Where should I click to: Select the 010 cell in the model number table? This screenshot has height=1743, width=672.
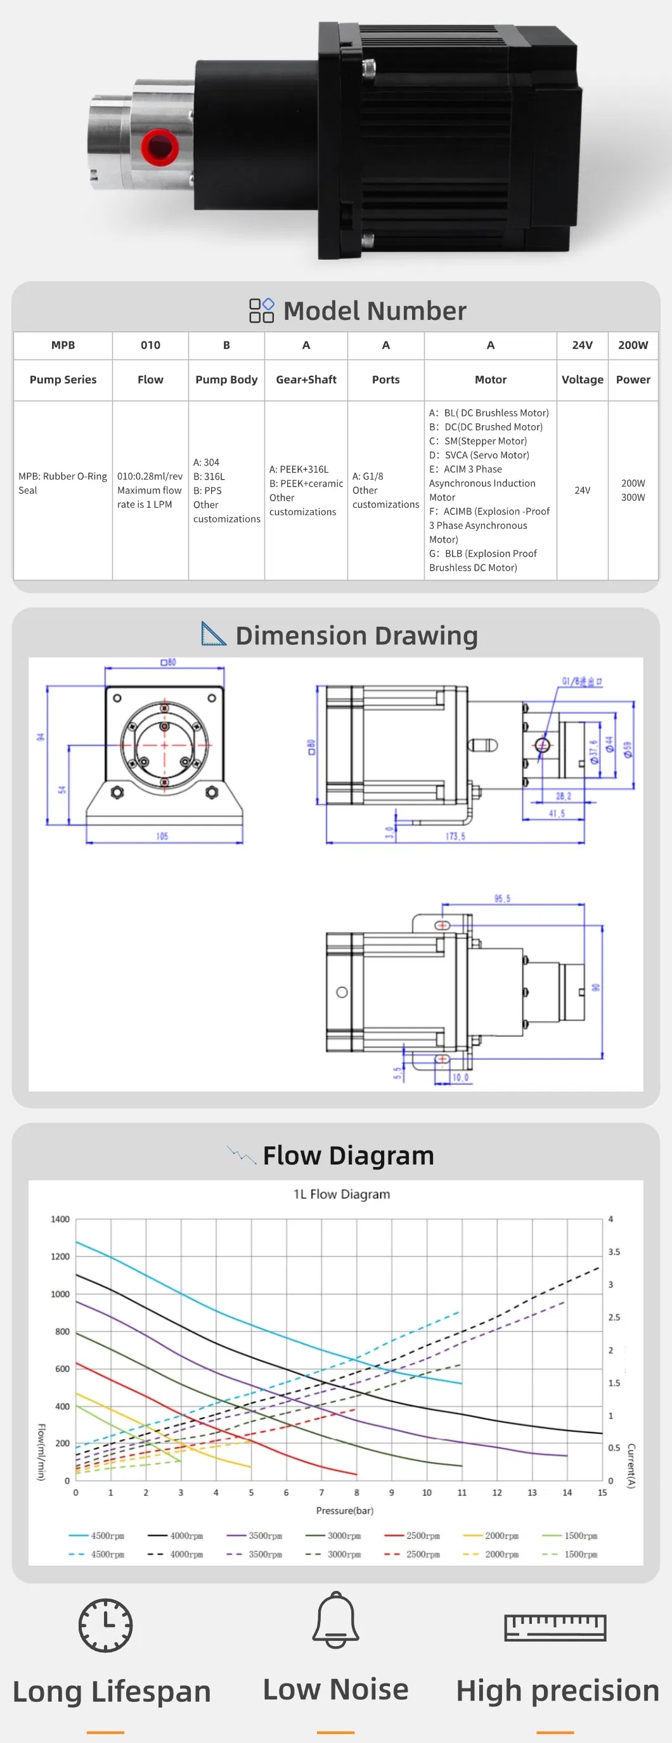150,345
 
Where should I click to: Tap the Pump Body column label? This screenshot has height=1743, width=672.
226,380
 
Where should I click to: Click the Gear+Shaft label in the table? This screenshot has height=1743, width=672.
306,380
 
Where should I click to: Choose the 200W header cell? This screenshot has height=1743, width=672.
633,345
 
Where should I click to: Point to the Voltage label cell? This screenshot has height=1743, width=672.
582,380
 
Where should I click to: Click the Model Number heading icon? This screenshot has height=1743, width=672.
261,310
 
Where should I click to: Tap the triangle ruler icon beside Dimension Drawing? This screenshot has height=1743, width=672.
213,634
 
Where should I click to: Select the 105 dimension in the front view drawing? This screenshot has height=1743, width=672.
162,836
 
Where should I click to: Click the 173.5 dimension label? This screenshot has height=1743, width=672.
455,836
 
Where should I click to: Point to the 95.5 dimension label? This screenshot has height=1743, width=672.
502,898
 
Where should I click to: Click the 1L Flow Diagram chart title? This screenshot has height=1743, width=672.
342,1194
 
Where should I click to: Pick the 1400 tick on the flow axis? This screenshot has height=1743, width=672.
60,1219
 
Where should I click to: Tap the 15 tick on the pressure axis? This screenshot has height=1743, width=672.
602,1492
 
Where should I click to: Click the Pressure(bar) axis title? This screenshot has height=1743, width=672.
344,1510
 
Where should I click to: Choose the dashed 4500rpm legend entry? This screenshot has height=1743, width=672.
97,1554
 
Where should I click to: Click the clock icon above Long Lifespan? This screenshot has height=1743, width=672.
106,1625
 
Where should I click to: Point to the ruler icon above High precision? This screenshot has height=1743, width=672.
555,1626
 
